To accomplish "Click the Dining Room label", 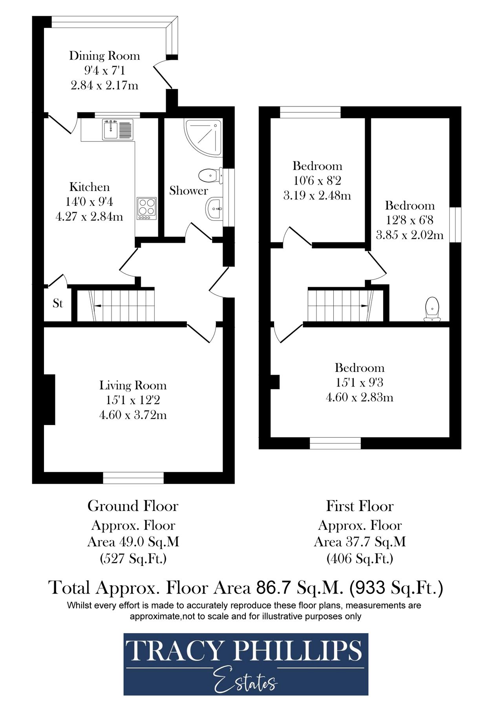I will (104, 56).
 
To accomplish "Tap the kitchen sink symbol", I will (118, 130).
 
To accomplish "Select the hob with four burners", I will (146, 208).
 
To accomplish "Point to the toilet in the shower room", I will (208, 175).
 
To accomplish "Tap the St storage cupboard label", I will (58, 303).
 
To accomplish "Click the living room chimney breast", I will (49, 399).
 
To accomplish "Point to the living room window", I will (133, 478).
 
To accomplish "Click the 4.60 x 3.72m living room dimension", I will (133, 415).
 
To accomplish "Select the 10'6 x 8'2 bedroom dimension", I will (317, 181).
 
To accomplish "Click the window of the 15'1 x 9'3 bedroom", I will (335, 443).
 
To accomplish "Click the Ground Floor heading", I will (133, 506).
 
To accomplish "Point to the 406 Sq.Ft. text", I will (360, 558).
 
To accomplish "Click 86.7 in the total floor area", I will (273, 588).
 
